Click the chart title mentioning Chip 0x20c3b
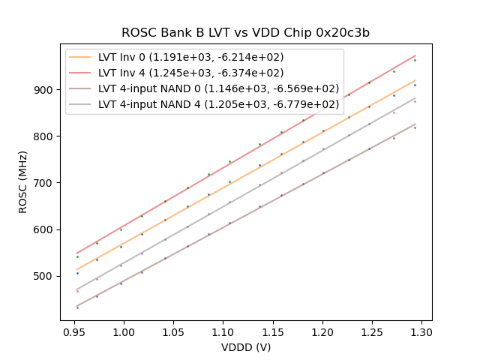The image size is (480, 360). pyautogui.click(x=245, y=33)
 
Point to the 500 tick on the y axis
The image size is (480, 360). pyautogui.click(x=45, y=276)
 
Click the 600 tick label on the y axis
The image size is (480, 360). pyautogui.click(x=45, y=229)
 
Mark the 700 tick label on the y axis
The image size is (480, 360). pyautogui.click(x=45, y=183)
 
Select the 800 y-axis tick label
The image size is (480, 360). pyautogui.click(x=45, y=136)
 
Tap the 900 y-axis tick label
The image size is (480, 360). pyautogui.click(x=45, y=90)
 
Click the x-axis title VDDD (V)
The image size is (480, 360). pyautogui.click(x=246, y=346)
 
